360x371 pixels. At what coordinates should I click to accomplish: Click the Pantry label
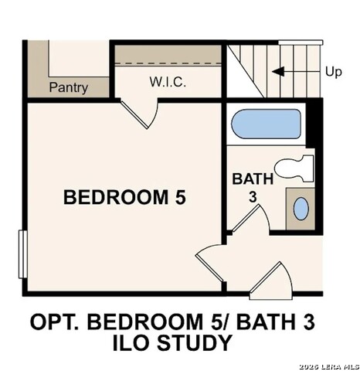pos(68,87)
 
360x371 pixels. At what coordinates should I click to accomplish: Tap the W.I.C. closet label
pos(167,82)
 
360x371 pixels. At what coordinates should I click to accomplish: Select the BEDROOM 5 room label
pos(124,198)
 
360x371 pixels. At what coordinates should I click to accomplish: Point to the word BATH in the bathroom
pos(253,179)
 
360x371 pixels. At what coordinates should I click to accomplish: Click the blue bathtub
pos(266,124)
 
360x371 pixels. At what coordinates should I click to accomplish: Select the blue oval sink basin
pos(301,209)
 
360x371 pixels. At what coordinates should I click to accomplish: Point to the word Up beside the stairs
pos(333,72)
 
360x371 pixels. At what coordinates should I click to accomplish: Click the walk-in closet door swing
pos(142,114)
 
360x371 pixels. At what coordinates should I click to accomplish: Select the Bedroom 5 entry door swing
pos(212,263)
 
